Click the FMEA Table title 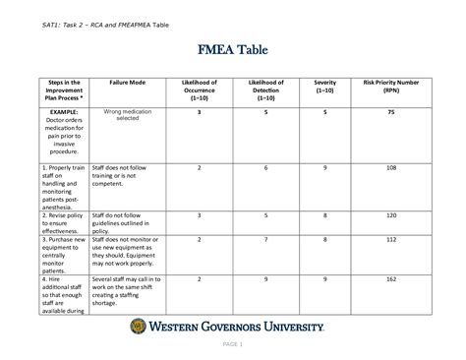pyautogui.click(x=232, y=51)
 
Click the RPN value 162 pyautogui.click(x=390, y=279)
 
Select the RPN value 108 pyautogui.click(x=390, y=168)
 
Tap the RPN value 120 pyautogui.click(x=390, y=214)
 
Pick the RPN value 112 pyautogui.click(x=390, y=239)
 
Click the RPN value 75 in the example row pyautogui.click(x=390, y=113)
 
